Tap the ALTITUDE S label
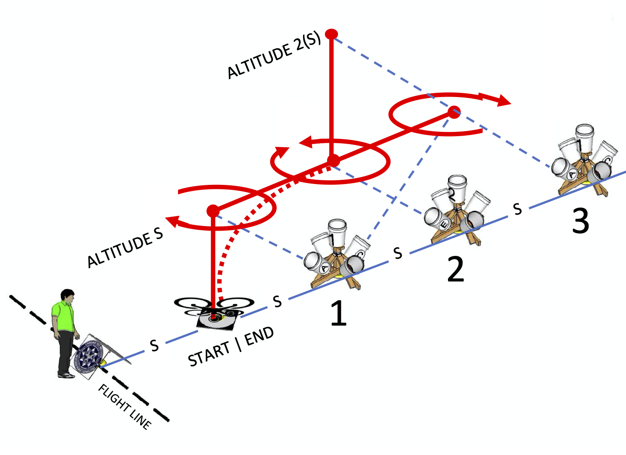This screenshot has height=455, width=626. coord(125,249)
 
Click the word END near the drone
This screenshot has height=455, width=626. coord(259,336)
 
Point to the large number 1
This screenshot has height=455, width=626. coord(338,313)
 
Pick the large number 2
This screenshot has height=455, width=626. coord(456,269)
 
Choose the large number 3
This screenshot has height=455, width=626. coord(581,221)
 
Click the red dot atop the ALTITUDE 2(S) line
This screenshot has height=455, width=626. coord(332,34)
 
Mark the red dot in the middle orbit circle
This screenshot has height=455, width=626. coord(333,160)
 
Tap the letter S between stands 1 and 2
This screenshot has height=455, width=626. coord(398,253)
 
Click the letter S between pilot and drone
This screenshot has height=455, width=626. coord(155,345)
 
